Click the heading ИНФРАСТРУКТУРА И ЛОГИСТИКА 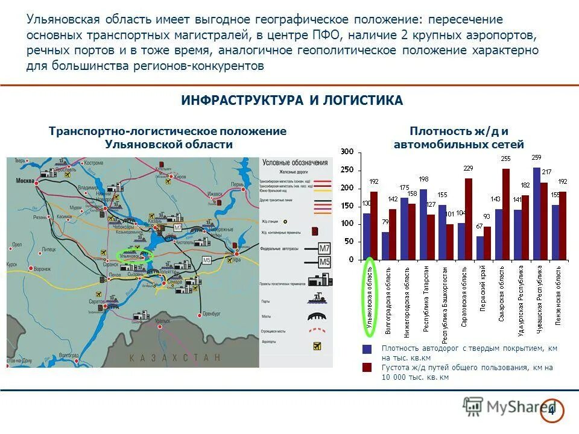(292, 101)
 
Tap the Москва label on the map (25, 181)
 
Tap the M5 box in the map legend (324, 262)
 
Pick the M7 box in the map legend (324, 247)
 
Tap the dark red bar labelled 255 (505, 215)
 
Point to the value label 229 (468, 169)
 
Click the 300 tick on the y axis (346, 153)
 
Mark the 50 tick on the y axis (349, 242)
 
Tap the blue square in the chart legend (367, 349)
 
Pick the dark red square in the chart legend (367, 367)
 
